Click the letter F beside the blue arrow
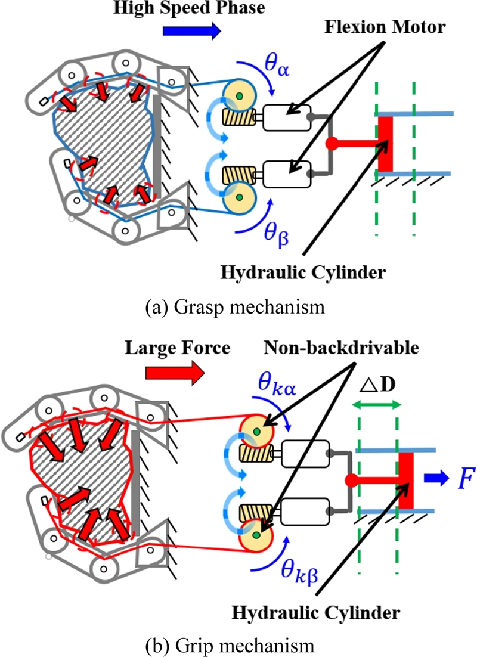pyautogui.click(x=463, y=478)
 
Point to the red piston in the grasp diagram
pyautogui.click(x=385, y=142)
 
